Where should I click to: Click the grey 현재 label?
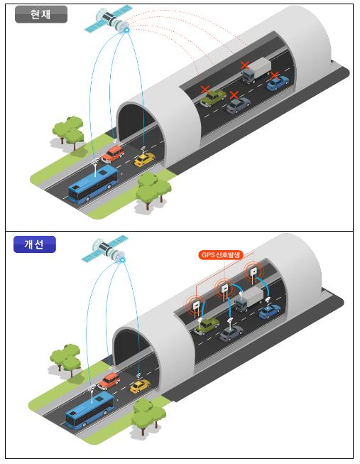41,14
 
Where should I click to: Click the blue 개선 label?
35,244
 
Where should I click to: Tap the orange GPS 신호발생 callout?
221,255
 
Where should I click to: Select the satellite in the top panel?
107,19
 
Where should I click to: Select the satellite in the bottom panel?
104,249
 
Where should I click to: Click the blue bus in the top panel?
93,184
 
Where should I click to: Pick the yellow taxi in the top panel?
144,159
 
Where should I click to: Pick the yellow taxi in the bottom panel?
140,387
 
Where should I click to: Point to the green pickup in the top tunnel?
213,98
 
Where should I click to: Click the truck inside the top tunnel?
256,70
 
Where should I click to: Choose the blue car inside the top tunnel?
278,83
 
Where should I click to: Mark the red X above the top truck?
245,65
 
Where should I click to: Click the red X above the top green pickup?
205,90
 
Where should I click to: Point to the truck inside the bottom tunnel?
249,299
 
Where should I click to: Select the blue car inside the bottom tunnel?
270,312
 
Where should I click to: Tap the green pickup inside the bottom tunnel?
207,326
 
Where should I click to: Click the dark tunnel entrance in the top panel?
136,122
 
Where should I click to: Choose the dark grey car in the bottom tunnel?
231,333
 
